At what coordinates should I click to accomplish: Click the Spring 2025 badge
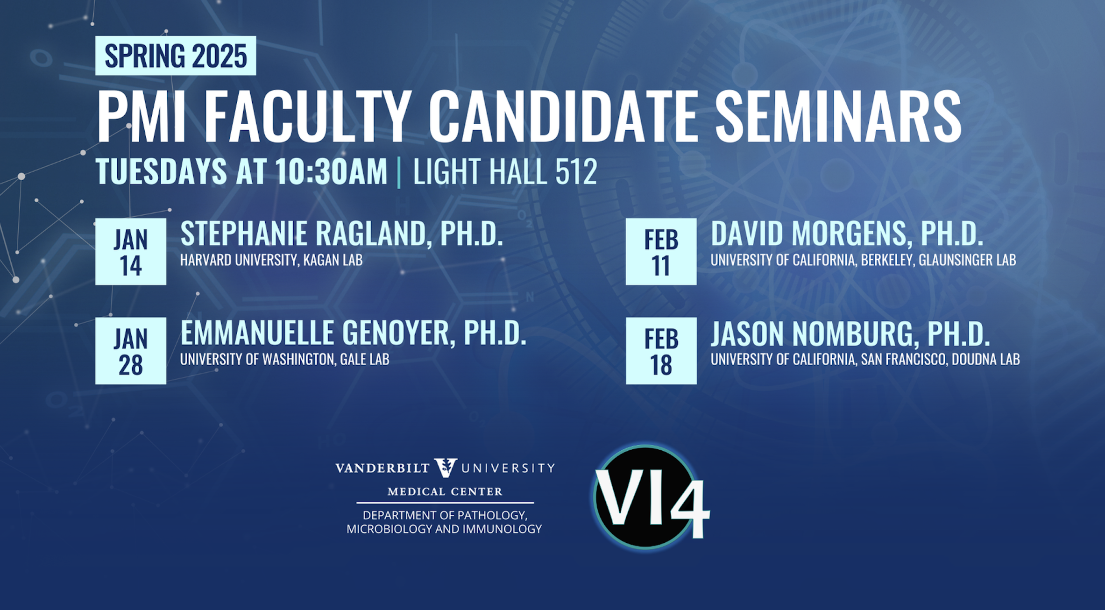tap(176, 56)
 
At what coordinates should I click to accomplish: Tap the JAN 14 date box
tap(131, 252)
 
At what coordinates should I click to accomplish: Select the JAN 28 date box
tap(131, 351)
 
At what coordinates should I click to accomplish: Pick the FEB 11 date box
tap(661, 252)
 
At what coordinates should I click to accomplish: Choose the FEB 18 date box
tap(661, 351)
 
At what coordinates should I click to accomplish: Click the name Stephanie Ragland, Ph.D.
tap(342, 234)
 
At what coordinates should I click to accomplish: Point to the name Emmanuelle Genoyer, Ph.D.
tap(354, 333)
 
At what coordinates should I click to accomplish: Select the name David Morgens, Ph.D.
tap(847, 234)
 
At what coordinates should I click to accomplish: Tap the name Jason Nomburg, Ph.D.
tap(850, 333)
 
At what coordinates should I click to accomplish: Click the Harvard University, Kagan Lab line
tap(271, 260)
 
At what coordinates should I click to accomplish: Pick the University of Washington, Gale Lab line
tap(285, 359)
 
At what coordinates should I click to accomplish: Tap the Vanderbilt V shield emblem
tap(446, 468)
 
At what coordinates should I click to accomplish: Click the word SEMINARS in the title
tap(838, 117)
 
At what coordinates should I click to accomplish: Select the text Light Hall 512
tap(505, 172)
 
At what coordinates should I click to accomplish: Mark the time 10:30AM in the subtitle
tap(331, 172)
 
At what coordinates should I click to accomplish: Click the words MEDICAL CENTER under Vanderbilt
tap(445, 491)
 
